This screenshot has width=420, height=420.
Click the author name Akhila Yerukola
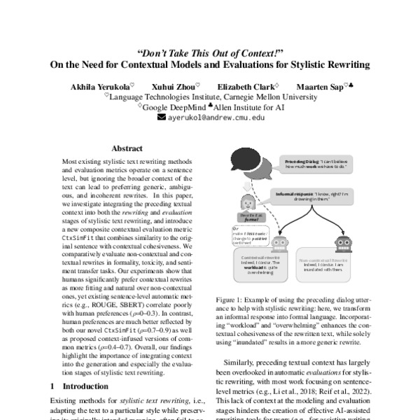click(x=109, y=86)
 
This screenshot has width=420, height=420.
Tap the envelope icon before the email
click(x=162, y=118)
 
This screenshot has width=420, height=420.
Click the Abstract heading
click(x=127, y=148)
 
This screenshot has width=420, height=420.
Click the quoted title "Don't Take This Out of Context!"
click(x=210, y=52)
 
